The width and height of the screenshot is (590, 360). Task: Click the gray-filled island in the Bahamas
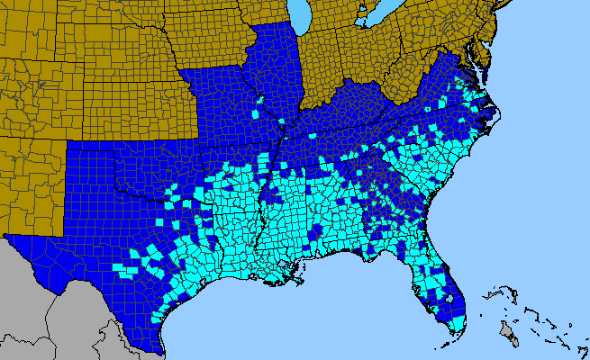click(x=510, y=337)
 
